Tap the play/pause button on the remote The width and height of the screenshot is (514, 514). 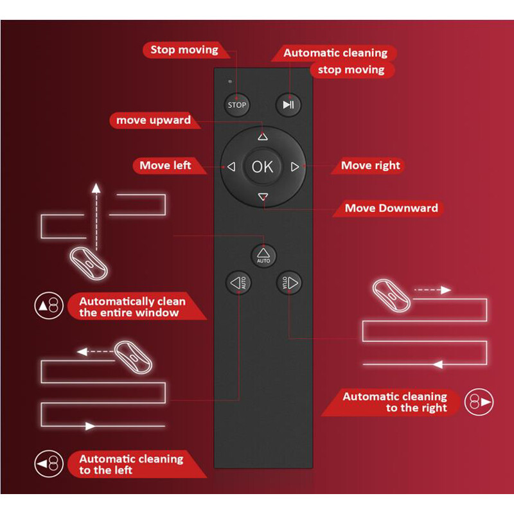pos(288,105)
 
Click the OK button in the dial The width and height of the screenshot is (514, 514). pos(262,166)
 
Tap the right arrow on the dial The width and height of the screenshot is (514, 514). pos(295,167)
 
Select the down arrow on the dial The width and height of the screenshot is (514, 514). pos(263,197)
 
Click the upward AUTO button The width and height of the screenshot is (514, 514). pos(263,256)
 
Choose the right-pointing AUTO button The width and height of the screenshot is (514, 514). pos(289,283)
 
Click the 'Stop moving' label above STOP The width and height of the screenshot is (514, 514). pos(184,50)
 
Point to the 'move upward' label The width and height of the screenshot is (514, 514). pos(154,120)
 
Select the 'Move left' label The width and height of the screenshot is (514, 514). pos(165,165)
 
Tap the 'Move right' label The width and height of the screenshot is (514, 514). pos(371,166)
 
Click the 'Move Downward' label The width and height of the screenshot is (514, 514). pos(391,208)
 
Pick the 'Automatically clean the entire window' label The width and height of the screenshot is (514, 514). pos(132,306)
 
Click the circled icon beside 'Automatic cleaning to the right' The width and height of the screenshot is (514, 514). pos(479,402)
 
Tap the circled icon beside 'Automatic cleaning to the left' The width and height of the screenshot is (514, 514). pos(49,463)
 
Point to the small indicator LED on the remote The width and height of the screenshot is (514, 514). pos(230,81)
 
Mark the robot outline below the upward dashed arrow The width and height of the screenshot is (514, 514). pos(89,263)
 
